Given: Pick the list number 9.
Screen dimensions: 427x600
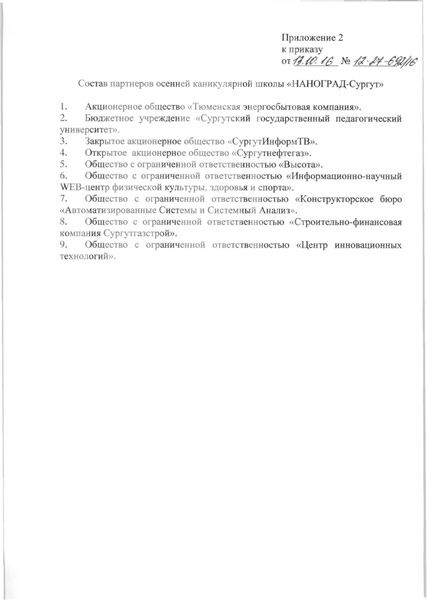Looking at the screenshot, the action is pyautogui.click(x=63, y=244).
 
